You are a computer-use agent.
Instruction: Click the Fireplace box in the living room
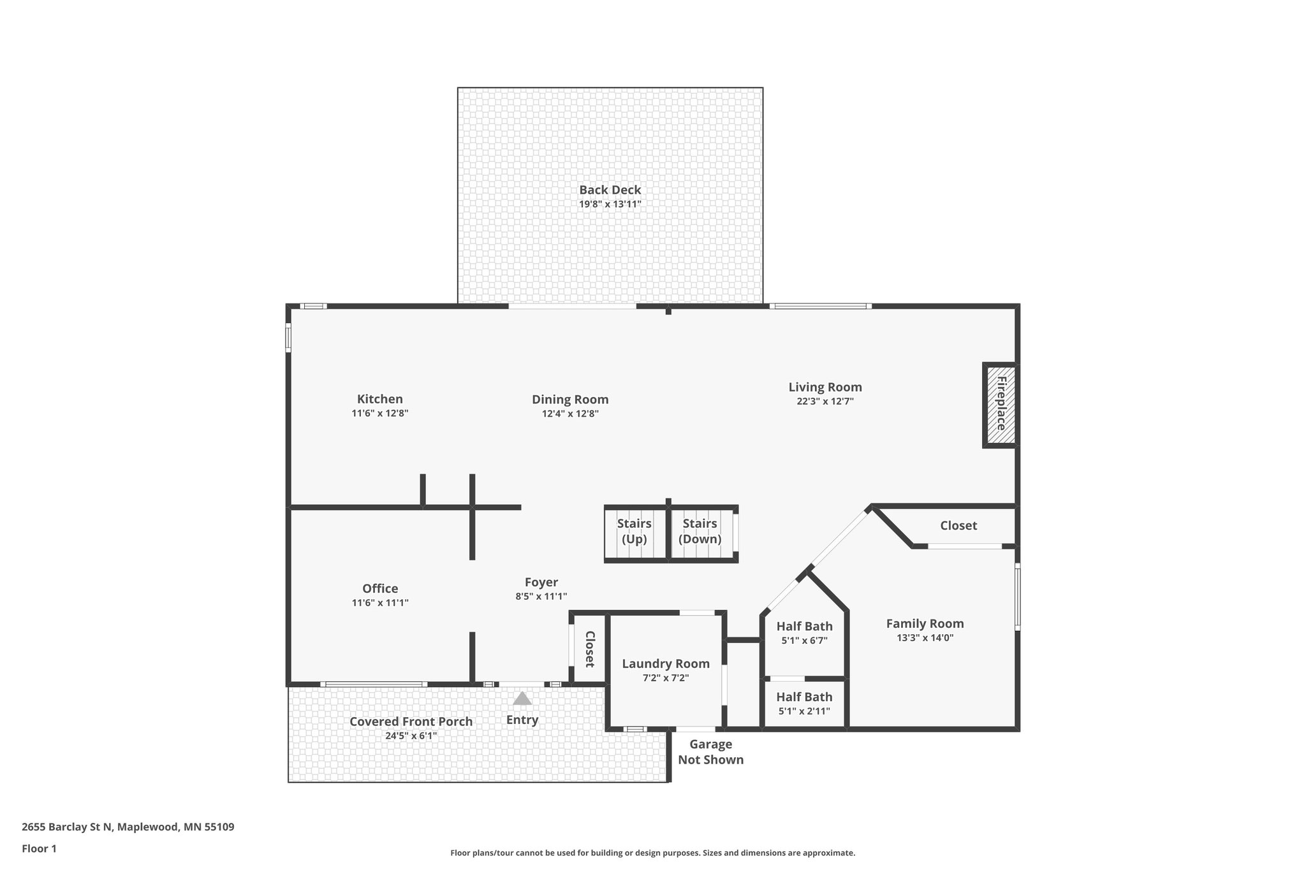1000,405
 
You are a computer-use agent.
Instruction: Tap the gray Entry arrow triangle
522,699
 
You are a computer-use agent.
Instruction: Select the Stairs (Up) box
635,533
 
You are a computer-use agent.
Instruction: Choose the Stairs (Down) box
701,533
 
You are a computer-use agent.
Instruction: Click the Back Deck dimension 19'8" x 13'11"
610,205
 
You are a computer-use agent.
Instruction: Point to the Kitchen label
379,399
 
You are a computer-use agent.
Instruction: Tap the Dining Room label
570,400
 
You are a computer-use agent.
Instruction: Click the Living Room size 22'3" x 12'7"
825,402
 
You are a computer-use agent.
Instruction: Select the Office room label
380,588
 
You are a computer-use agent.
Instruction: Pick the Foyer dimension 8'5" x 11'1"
541,597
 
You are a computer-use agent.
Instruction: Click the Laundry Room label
666,663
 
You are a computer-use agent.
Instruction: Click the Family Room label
925,623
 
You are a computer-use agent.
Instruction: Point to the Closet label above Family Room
958,526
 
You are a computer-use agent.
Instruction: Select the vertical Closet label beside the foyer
590,649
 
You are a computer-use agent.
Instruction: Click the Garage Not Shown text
710,752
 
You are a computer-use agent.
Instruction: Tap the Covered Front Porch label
411,721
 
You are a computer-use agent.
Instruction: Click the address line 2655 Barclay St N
128,827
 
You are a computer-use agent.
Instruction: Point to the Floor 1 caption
39,849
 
